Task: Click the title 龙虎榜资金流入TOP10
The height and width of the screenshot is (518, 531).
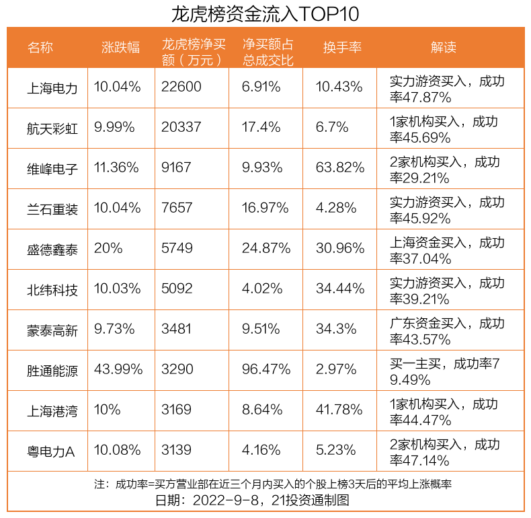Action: (x=265, y=13)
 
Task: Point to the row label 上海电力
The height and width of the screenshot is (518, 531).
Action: (x=53, y=87)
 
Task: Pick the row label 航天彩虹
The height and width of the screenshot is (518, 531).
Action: (x=53, y=128)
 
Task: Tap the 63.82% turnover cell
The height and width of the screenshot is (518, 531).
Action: (x=340, y=168)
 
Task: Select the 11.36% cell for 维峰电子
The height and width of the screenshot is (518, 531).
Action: (x=117, y=168)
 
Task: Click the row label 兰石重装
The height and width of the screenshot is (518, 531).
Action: (x=53, y=209)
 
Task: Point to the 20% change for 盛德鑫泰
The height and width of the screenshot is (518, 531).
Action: (x=108, y=248)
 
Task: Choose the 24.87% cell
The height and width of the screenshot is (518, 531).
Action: (x=266, y=248)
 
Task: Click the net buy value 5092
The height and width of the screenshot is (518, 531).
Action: (x=177, y=289)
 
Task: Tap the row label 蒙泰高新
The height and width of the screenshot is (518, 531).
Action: (x=53, y=330)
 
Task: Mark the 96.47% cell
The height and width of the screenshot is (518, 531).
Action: (x=266, y=369)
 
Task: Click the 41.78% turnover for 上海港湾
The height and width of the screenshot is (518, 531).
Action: (x=340, y=410)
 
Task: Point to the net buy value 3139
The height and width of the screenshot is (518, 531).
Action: (x=177, y=450)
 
